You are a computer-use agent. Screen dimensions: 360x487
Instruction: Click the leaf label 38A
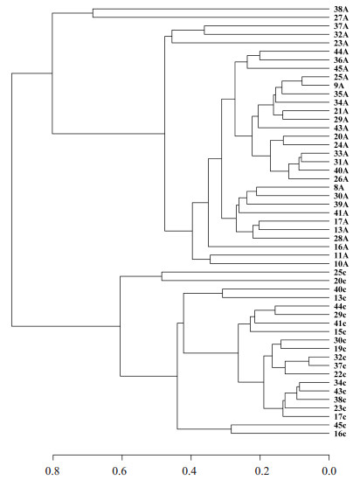[x=341, y=9]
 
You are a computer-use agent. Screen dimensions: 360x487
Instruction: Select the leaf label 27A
[x=341, y=17]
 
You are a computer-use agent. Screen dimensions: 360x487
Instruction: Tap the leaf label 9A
[x=339, y=86]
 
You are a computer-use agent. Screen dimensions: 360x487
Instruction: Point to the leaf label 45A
[x=341, y=69]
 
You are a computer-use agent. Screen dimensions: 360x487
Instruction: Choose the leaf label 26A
[x=341, y=179]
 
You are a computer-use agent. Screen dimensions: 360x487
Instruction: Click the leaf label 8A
[x=339, y=188]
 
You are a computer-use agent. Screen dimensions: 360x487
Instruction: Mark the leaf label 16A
[x=341, y=247]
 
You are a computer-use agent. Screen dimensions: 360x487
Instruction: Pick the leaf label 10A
[x=341, y=264]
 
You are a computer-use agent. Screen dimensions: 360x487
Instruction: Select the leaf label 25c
[x=340, y=273]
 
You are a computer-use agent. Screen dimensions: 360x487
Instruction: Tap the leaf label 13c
[x=340, y=298]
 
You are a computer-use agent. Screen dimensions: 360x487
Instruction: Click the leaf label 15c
[x=340, y=332]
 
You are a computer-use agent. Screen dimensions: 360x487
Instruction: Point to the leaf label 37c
[x=340, y=365]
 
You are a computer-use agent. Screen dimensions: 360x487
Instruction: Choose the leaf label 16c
[x=340, y=434]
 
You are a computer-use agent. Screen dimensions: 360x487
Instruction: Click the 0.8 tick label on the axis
[x=52, y=471]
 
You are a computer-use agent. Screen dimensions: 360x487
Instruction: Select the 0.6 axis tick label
[x=121, y=471]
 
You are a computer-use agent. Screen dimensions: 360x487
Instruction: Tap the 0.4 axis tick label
[x=190, y=471]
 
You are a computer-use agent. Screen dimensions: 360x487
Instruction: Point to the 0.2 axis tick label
[x=260, y=471]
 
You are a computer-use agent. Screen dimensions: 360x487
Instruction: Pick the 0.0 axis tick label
[x=329, y=471]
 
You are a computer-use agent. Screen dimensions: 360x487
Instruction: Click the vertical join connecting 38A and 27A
[x=93, y=13]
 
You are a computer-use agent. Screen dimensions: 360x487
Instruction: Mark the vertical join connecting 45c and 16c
[x=231, y=429]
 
